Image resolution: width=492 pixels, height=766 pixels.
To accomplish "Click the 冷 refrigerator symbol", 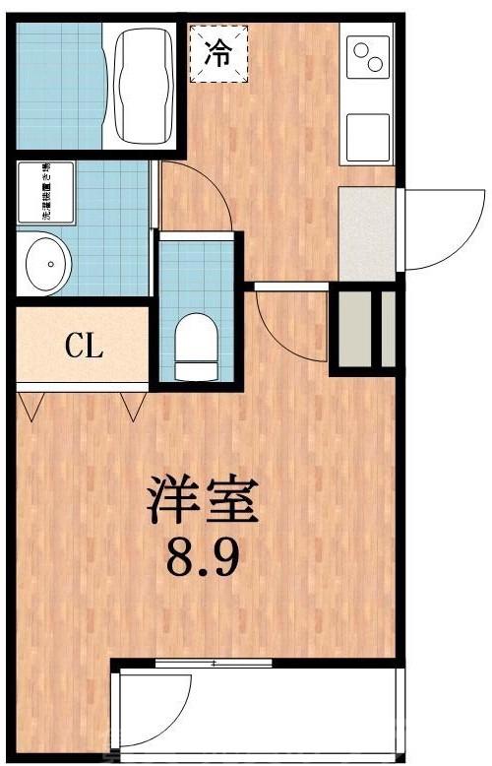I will pos(218,54).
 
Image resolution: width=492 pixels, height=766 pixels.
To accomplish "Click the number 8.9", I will pos(203,562).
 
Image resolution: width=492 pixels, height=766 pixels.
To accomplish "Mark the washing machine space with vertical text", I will pos(44,193).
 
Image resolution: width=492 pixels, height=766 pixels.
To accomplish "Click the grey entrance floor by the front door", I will pos(365,232).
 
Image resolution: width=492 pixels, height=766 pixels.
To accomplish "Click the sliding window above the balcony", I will pos(213,664).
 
